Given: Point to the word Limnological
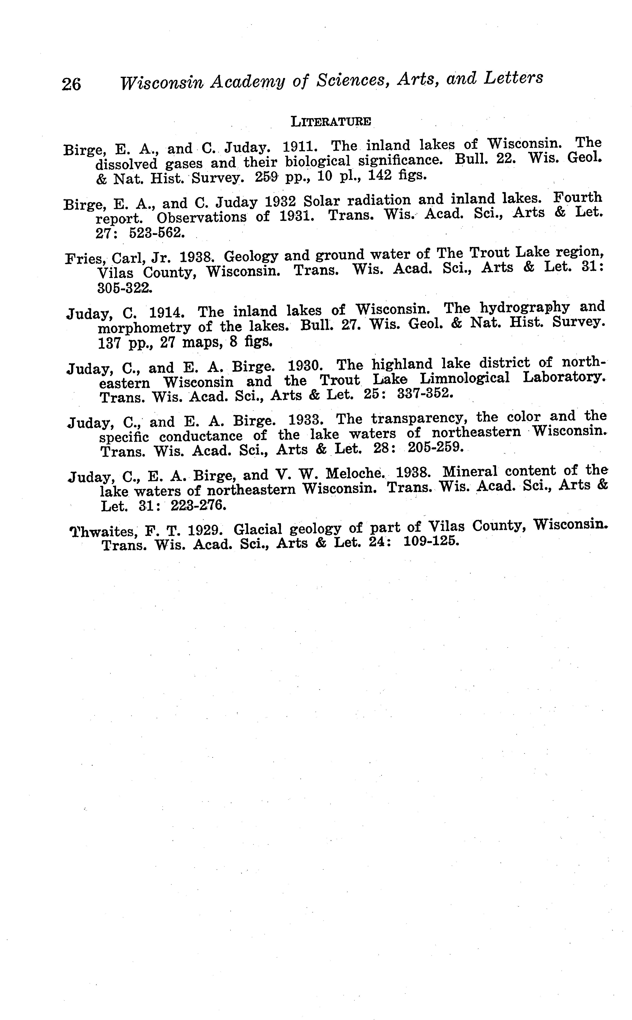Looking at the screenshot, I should coord(464,379).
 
